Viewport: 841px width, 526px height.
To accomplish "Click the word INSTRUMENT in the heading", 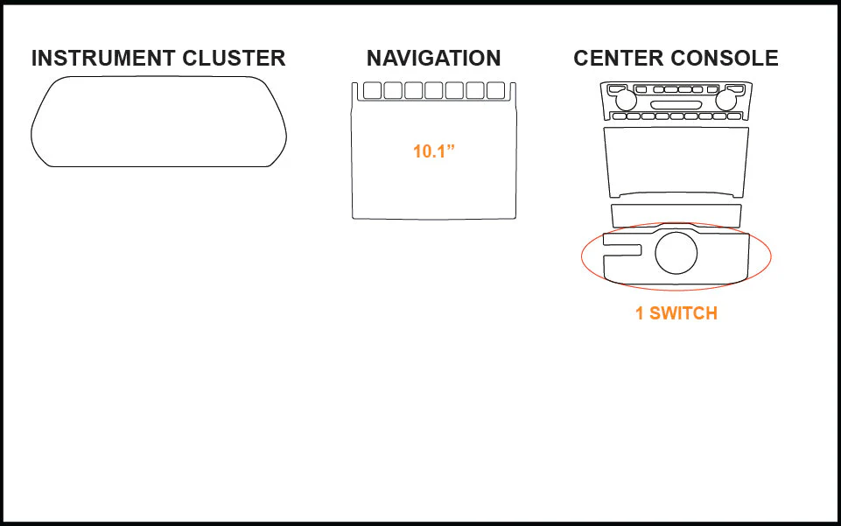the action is (102, 58).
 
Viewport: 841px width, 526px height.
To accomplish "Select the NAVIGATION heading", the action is (433, 58).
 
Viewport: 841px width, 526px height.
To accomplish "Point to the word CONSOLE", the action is (725, 58).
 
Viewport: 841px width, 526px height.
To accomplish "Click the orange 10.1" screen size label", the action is (434, 151).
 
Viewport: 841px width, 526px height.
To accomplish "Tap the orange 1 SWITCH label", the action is (676, 313).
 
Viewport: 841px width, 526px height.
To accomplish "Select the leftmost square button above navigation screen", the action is (372, 91).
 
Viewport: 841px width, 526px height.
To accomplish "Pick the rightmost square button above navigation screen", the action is (495, 91).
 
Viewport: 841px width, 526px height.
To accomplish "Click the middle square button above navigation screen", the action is (434, 91).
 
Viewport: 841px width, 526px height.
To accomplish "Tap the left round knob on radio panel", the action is (626, 101).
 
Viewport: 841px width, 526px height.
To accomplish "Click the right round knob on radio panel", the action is (725, 101).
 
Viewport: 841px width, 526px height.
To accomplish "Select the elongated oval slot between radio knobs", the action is (676, 105).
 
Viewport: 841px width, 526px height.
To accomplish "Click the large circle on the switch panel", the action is (676, 253).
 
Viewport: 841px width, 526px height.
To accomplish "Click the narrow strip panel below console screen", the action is (676, 215).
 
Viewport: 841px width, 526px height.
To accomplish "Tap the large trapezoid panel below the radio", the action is (676, 162).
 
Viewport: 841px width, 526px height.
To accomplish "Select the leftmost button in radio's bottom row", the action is (620, 116).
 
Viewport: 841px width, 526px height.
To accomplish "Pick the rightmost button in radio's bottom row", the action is (733, 116).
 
